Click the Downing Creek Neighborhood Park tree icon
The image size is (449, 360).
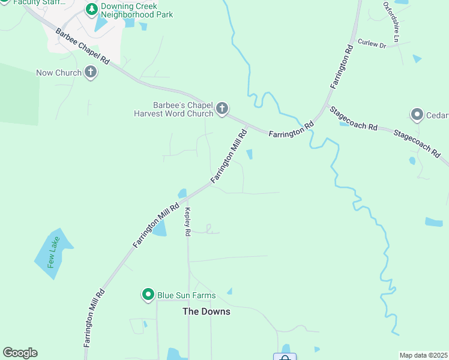(91, 9)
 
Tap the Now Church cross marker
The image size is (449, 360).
(91, 73)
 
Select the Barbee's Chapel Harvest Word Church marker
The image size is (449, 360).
(222, 109)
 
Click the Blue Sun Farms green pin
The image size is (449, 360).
(148, 295)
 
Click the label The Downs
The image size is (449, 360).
(206, 311)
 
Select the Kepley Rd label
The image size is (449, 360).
(188, 221)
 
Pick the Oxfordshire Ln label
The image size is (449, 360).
(391, 22)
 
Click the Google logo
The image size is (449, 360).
(20, 353)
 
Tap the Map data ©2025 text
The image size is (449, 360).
(423, 355)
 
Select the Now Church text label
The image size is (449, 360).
(59, 73)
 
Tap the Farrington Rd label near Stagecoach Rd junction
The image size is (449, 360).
(291, 128)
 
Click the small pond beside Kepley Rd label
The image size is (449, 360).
(159, 229)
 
